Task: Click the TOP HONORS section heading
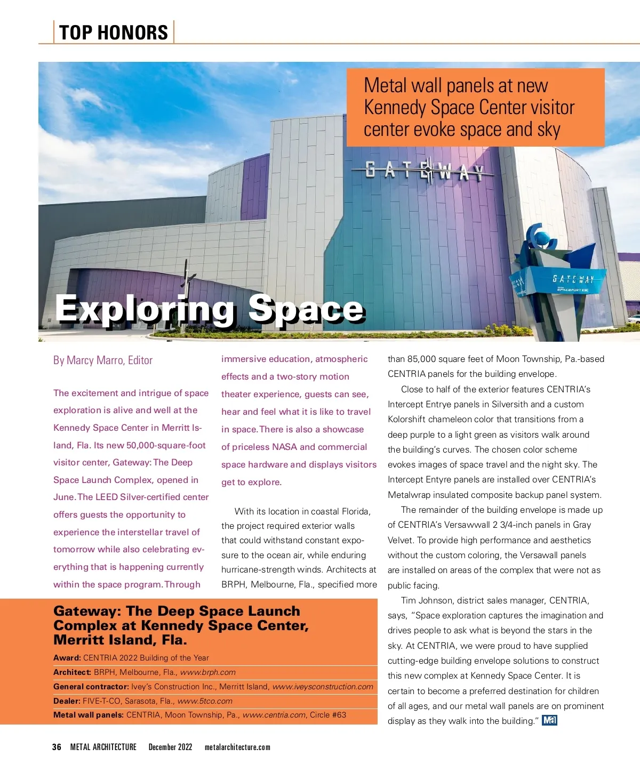coord(114,33)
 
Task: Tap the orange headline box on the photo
coord(475,107)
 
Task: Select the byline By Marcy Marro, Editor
coord(103,360)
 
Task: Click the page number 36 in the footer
coord(57,747)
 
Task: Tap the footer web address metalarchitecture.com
coord(237,747)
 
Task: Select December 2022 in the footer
coord(170,747)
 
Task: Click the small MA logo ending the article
coord(549,721)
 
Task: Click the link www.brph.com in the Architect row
coord(207,672)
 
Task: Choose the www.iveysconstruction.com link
coord(323,687)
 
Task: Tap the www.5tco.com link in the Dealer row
coord(205,701)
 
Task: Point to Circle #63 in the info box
coord(328,715)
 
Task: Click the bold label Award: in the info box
coord(67,658)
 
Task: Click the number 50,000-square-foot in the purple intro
coord(166,445)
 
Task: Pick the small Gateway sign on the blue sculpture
coord(573,279)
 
